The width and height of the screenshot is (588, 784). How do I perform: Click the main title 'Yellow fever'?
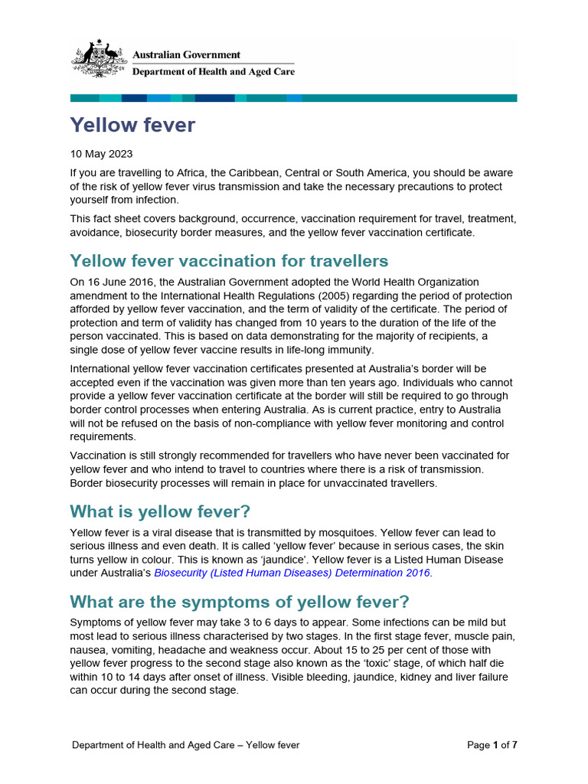(x=132, y=125)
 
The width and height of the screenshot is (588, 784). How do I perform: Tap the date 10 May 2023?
(x=101, y=154)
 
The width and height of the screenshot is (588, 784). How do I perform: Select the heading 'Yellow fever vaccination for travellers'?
(x=229, y=261)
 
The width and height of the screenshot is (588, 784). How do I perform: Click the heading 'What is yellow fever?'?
(x=160, y=511)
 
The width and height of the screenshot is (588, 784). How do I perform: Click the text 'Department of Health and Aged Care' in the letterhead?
(x=214, y=72)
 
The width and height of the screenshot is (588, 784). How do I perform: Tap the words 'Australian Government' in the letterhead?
(x=187, y=55)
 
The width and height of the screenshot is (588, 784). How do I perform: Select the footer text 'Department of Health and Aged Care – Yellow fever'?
(x=185, y=745)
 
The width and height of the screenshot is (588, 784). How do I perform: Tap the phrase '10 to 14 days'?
(x=138, y=677)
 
